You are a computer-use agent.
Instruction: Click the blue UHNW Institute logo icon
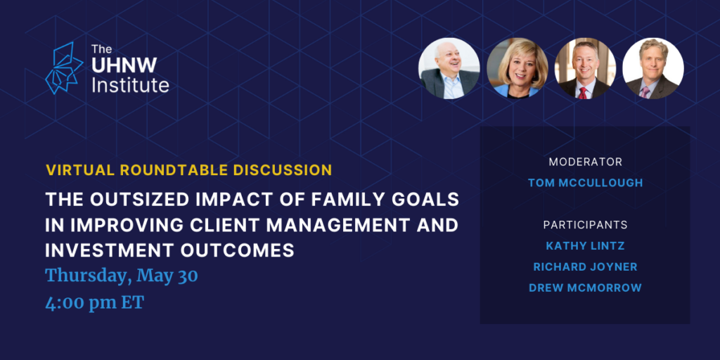coord(64,68)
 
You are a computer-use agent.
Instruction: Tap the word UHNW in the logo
coord(124,65)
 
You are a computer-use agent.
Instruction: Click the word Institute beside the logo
coord(130,85)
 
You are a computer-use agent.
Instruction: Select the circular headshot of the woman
coord(517,68)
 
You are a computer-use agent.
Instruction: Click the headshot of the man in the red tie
coord(585,68)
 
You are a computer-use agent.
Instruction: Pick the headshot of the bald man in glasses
coord(449,68)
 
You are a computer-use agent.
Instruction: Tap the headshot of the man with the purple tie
coord(653,68)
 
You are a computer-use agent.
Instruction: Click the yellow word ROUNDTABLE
coord(174,170)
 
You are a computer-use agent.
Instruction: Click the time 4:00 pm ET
coord(95,302)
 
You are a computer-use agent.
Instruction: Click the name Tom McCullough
coord(585,183)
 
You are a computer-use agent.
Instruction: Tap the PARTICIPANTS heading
coord(585,226)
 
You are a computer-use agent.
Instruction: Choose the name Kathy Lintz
coord(585,246)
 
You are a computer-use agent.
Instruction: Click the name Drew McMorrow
coord(585,288)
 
